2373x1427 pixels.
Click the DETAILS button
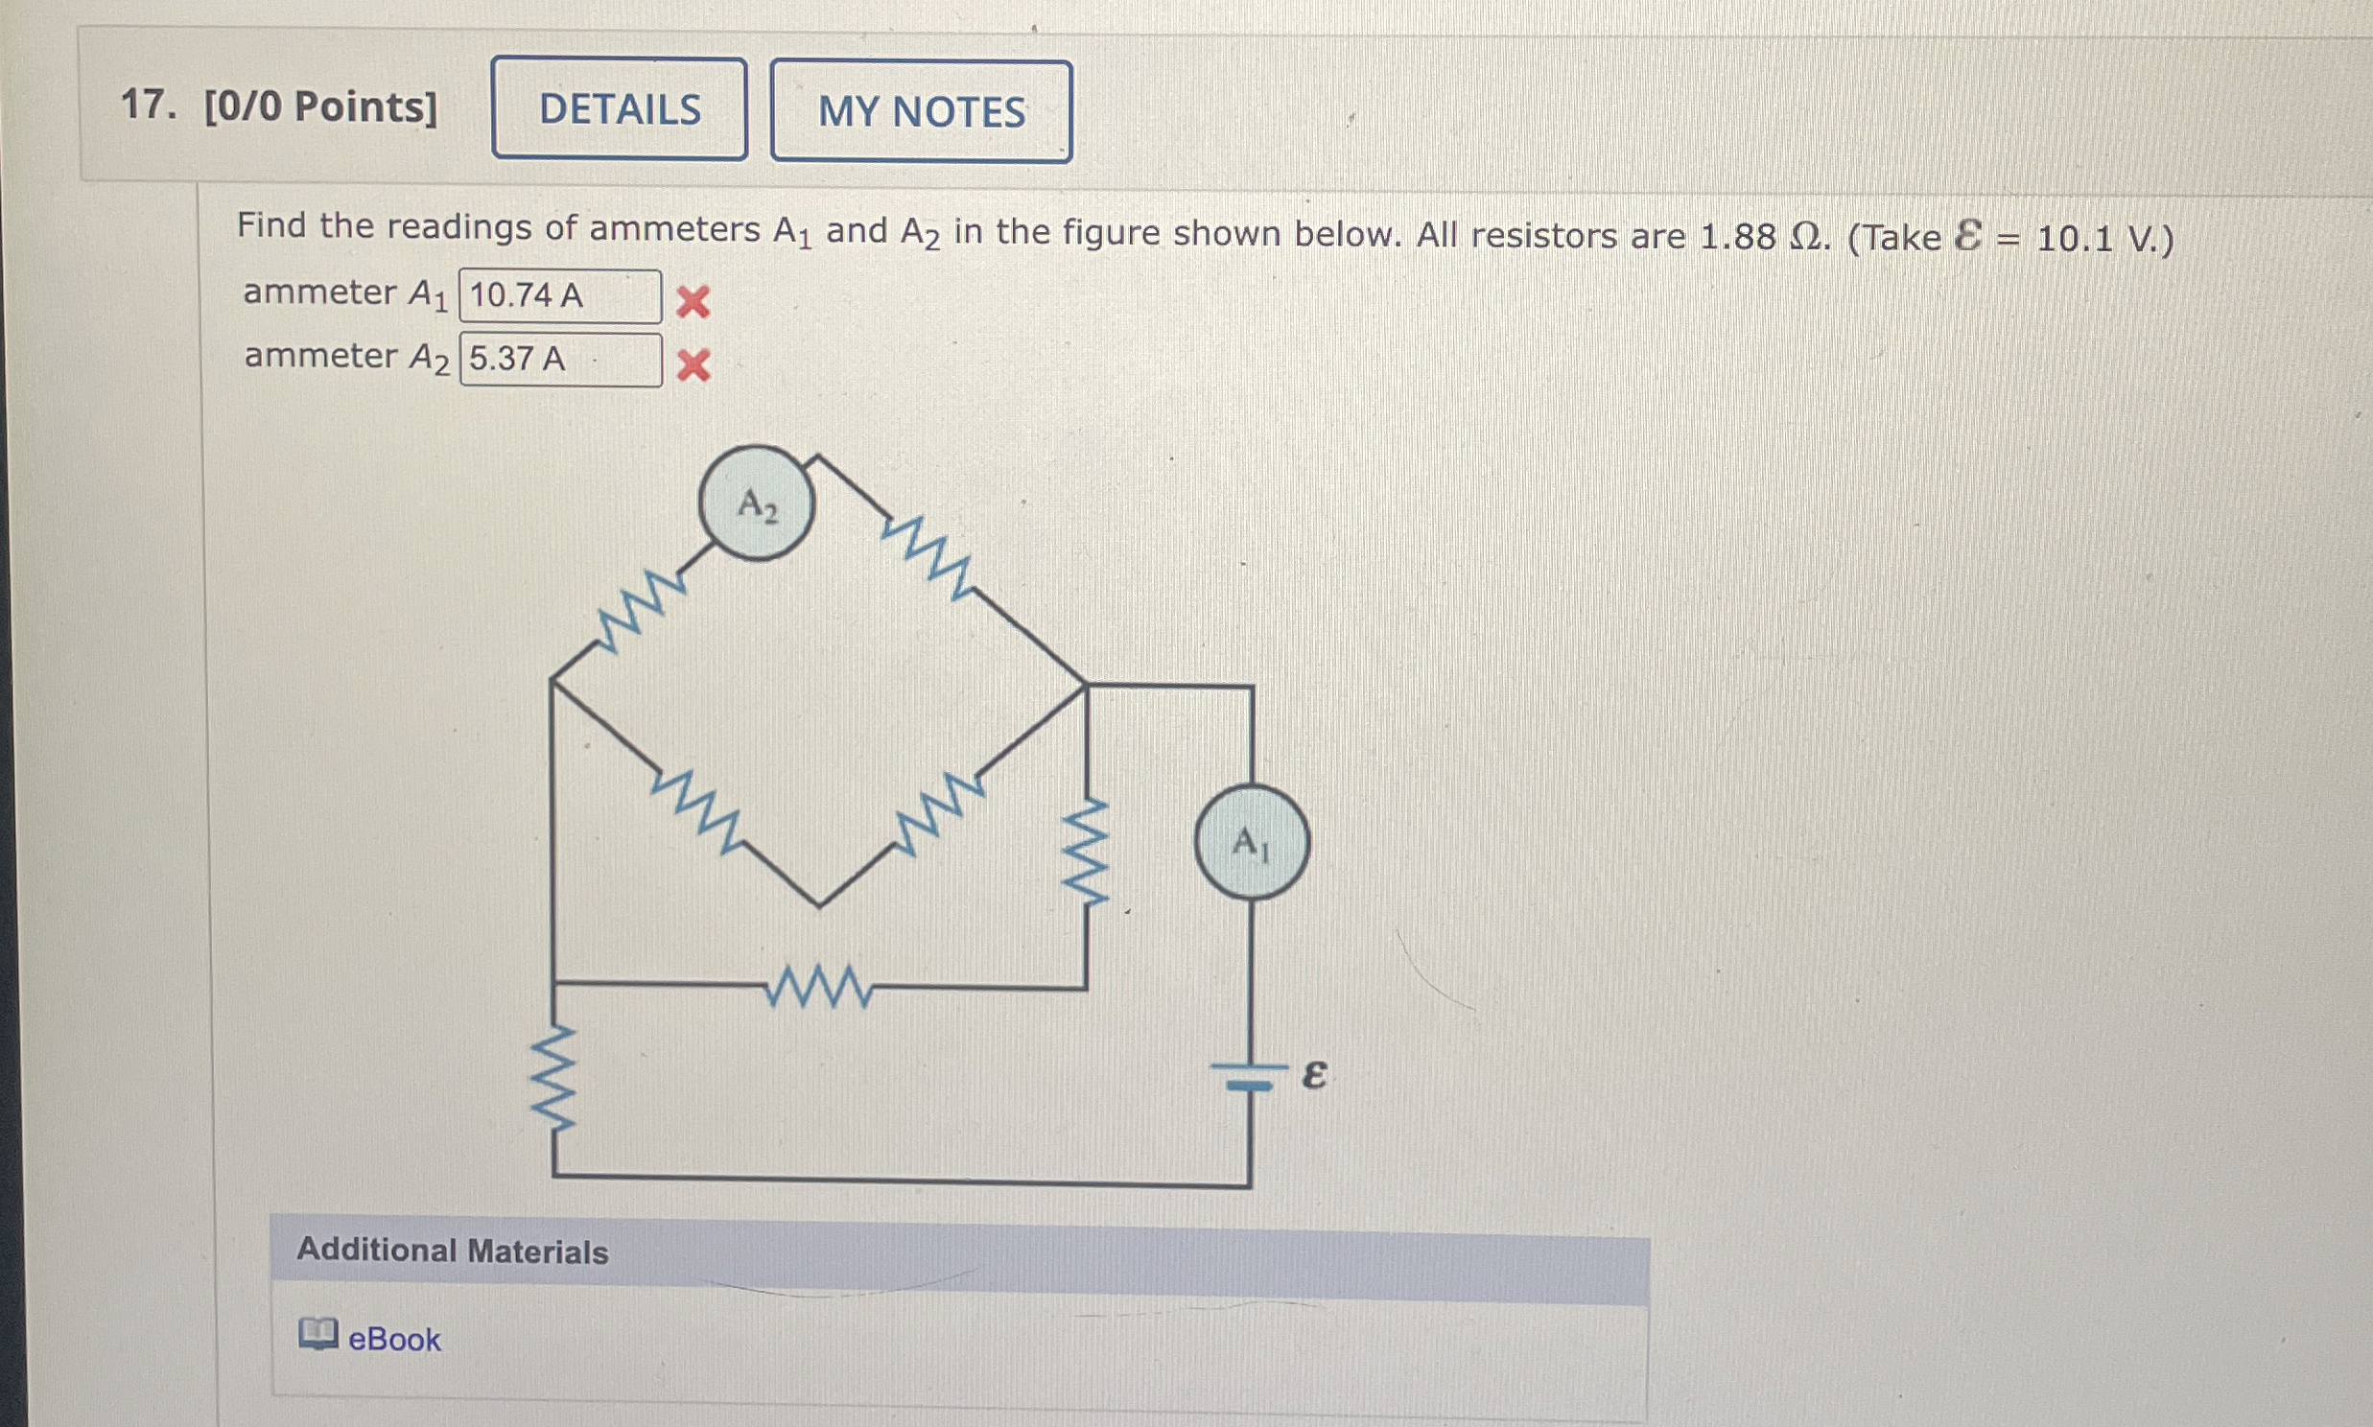620,108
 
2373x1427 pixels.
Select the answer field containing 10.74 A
559,295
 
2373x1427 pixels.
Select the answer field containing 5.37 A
559,359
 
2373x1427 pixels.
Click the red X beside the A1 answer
693,302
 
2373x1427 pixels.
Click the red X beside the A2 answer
693,365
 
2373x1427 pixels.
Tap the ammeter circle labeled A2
757,503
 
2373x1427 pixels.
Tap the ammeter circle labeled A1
1251,843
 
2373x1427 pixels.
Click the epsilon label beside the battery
1314,1074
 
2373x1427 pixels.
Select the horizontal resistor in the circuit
819,987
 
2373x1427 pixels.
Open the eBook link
393,1340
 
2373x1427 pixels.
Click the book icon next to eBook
317,1334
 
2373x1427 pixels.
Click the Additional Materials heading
452,1252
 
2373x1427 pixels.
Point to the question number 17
147,105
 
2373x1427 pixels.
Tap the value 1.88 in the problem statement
1736,237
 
